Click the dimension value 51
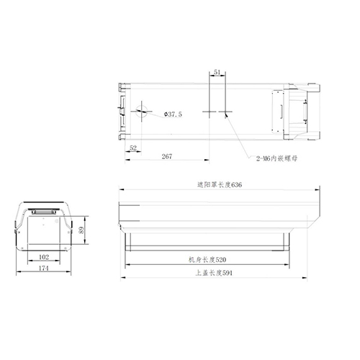pos(217,72)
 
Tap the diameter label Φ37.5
pos(174,114)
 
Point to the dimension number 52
pos(133,148)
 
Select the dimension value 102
pos(42,256)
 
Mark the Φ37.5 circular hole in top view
pos(143,112)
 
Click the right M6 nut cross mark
pos(225,112)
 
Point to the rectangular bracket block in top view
pos(277,111)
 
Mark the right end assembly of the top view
pos(302,112)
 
